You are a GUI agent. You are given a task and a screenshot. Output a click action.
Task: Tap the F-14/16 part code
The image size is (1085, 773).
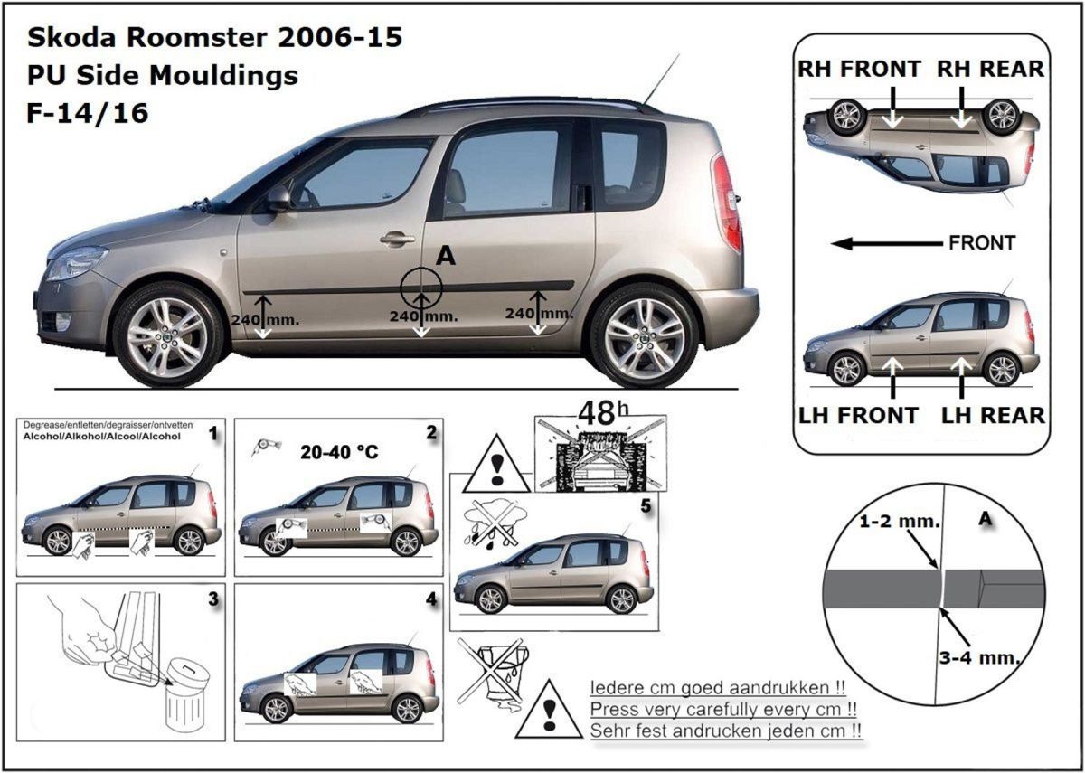[x=87, y=113]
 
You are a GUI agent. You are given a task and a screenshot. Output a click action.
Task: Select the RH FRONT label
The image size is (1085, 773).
[x=859, y=69]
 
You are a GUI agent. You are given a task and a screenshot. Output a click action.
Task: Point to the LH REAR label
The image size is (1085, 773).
[x=993, y=416]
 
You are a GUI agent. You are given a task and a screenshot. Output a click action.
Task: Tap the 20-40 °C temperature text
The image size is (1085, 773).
[x=339, y=452]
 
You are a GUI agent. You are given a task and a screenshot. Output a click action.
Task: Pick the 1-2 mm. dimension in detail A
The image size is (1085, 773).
[x=900, y=521]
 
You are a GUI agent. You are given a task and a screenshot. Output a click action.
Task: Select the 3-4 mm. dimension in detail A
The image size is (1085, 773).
[x=979, y=658]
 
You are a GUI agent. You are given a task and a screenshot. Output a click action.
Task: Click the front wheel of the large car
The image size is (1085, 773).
[x=167, y=335]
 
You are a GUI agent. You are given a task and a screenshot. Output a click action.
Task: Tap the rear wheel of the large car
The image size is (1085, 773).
[x=644, y=335]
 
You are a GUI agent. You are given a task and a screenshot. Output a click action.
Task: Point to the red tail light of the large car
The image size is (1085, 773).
[x=727, y=203]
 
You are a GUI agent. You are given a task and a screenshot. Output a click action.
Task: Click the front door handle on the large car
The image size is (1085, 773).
[x=397, y=239]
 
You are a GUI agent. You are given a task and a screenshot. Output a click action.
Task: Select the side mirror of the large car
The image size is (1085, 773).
[x=278, y=198]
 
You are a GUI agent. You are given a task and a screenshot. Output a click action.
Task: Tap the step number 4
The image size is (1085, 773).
[x=431, y=599]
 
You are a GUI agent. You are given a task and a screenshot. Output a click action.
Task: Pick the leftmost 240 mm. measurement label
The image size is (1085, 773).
[x=265, y=320]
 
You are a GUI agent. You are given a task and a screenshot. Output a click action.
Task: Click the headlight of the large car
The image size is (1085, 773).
[x=77, y=262]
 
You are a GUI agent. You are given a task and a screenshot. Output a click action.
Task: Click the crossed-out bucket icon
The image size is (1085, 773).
[x=494, y=674]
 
